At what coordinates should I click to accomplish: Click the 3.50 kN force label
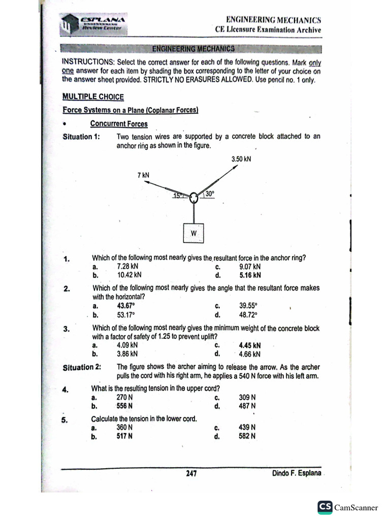[x=241, y=159]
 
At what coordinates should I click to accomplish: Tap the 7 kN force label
[x=144, y=175]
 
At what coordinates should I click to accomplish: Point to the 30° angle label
[x=209, y=193]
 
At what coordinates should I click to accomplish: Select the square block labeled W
[x=193, y=233]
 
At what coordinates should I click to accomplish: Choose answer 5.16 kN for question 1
[x=250, y=275]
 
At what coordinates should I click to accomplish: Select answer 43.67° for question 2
[x=126, y=306]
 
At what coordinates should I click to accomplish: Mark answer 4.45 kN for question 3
[x=250, y=345]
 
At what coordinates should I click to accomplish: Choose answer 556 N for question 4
[x=125, y=406]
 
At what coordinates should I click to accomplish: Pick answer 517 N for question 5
[x=125, y=436]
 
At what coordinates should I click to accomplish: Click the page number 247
[x=191, y=474]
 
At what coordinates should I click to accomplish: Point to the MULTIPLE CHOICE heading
[x=92, y=97]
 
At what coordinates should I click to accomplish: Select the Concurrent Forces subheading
[x=119, y=124]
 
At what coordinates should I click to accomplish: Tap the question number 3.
[x=66, y=329]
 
